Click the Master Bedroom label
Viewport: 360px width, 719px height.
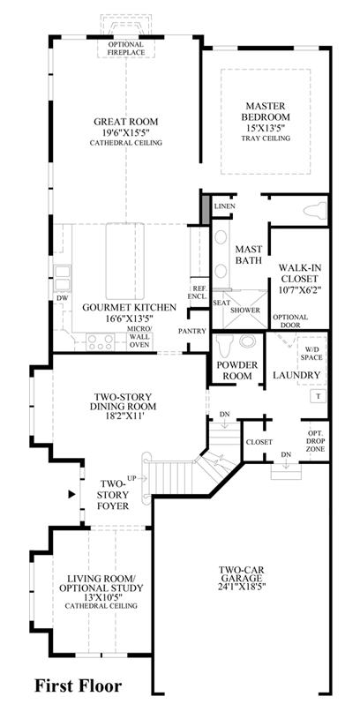(x=266, y=110)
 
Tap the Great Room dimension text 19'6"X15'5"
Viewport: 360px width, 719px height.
(x=125, y=132)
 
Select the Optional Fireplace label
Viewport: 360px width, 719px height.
(x=126, y=49)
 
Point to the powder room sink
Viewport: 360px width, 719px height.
(x=248, y=341)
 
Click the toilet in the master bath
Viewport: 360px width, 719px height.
(x=315, y=211)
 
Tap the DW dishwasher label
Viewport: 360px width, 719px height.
(x=63, y=298)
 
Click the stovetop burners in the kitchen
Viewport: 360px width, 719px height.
(x=101, y=342)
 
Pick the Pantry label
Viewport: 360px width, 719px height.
(x=192, y=331)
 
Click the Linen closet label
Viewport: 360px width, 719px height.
(x=225, y=206)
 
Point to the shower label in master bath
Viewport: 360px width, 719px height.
(x=245, y=311)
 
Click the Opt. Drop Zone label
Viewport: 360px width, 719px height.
(x=316, y=441)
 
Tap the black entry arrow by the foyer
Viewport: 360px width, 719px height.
(x=71, y=494)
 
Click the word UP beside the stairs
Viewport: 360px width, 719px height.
(x=131, y=478)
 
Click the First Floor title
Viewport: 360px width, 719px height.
(x=79, y=686)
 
